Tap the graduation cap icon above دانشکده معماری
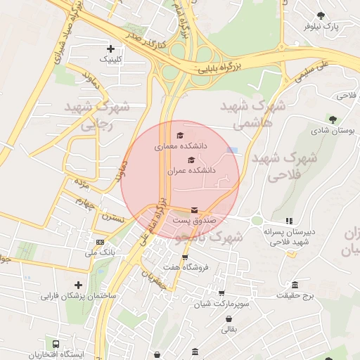click(179, 135)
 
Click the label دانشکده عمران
click(191, 170)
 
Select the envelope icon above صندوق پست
click(194, 210)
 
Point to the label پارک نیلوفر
click(321, 26)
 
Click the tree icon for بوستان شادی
click(331, 119)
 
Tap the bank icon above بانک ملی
click(100, 242)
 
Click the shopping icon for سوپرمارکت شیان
click(222, 293)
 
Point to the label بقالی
click(230, 328)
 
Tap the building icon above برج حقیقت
click(295, 285)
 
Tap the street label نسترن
click(113, 219)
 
